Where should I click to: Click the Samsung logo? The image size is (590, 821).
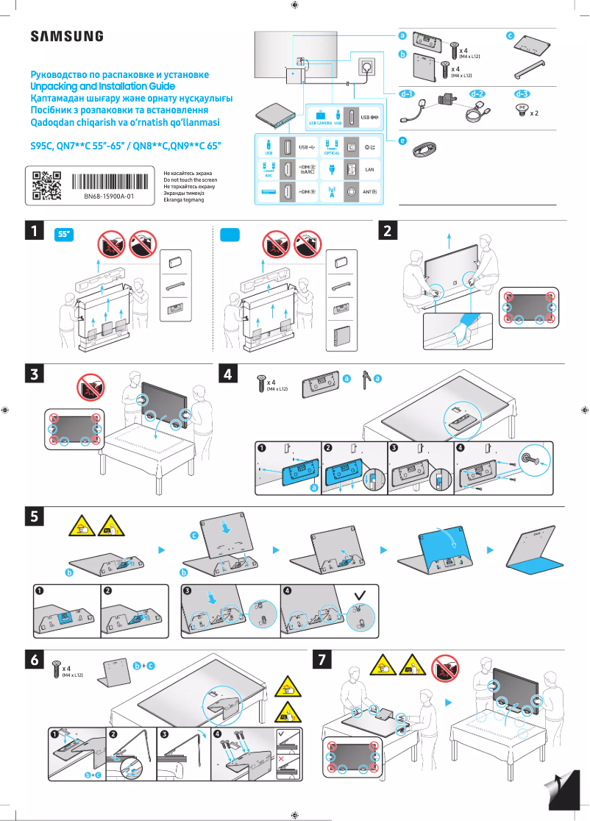pyautogui.click(x=66, y=36)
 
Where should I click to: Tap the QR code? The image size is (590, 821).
pyautogui.click(x=46, y=185)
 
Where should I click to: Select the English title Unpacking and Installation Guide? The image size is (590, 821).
pyautogui.click(x=102, y=86)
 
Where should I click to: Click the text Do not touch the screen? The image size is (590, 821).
pyautogui.click(x=190, y=180)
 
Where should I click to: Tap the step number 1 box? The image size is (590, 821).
pyautogui.click(x=32, y=230)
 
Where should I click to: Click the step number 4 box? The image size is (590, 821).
pyautogui.click(x=229, y=374)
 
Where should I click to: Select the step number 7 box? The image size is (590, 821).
pyautogui.click(x=321, y=661)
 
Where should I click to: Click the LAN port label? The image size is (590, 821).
pyautogui.click(x=370, y=169)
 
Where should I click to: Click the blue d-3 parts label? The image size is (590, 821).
pyautogui.click(x=522, y=94)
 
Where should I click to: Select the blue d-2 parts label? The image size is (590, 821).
pyautogui.click(x=477, y=94)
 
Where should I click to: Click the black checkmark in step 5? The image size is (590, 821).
pyautogui.click(x=360, y=593)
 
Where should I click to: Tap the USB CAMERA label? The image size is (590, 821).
pyautogui.click(x=320, y=124)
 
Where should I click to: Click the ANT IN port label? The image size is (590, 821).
pyautogui.click(x=370, y=193)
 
